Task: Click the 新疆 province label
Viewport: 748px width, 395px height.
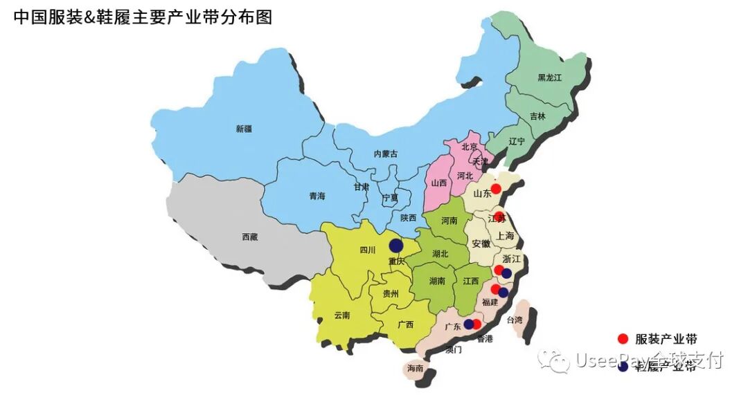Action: point(244,129)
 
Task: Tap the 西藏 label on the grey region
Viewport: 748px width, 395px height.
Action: point(250,237)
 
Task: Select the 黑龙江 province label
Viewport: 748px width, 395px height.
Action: point(550,78)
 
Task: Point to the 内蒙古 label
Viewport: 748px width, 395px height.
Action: point(386,154)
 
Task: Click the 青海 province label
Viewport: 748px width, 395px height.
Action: point(317,196)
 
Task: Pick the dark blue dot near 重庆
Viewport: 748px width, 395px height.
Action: point(396,246)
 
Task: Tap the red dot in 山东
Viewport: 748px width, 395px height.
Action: point(496,188)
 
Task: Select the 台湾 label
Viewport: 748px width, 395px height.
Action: point(515,320)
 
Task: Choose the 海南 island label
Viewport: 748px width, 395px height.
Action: point(415,369)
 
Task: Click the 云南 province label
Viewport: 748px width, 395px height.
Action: point(341,315)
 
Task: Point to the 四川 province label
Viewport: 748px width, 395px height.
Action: point(368,250)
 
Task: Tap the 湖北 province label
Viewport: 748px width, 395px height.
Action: point(440,254)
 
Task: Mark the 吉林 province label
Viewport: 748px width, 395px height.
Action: point(537,116)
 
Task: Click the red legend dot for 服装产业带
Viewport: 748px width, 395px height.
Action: point(623,339)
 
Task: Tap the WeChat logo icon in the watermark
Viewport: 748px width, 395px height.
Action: point(555,360)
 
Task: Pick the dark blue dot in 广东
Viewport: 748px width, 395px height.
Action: point(469,324)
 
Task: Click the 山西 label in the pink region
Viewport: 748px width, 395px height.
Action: point(438,183)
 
